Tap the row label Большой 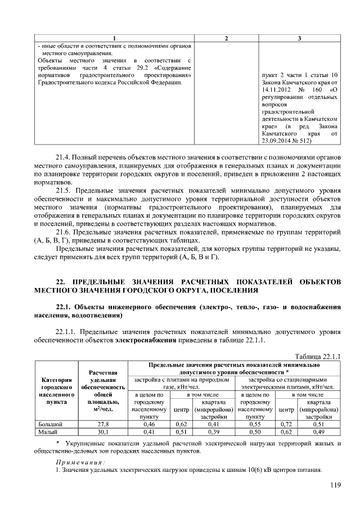tap(49, 424)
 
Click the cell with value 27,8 tap(103, 424)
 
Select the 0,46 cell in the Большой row tap(149, 424)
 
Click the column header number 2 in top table tap(226, 38)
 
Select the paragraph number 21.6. tap(65, 231)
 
